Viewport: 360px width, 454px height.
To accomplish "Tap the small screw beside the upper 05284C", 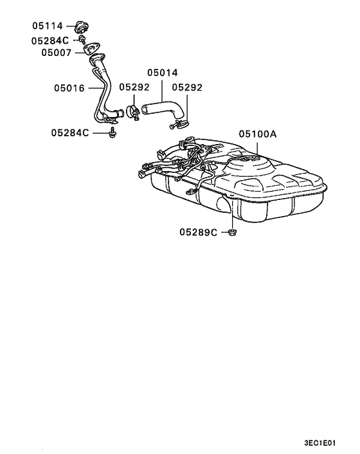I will [x=84, y=40].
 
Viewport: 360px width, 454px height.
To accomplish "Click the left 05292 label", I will [x=134, y=87].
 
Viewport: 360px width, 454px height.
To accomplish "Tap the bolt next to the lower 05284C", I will [x=113, y=133].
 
